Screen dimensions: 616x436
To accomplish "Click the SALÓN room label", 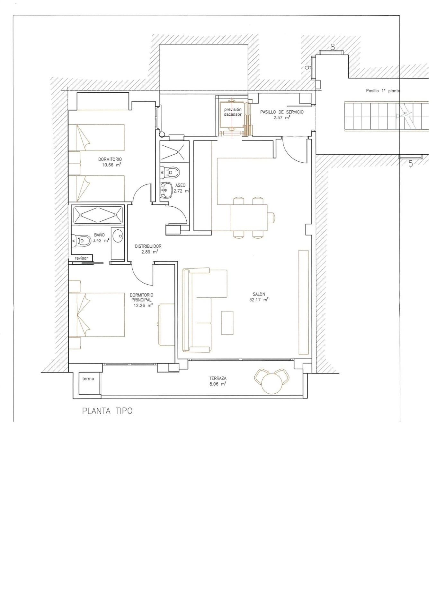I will pyautogui.click(x=259, y=294).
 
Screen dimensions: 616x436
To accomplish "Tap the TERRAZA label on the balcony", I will pyautogui.click(x=218, y=378).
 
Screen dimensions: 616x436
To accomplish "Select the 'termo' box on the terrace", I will pyautogui.click(x=88, y=379).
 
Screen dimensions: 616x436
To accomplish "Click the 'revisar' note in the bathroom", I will pyautogui.click(x=81, y=258).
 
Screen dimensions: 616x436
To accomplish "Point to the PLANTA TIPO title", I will pyautogui.click(x=107, y=411).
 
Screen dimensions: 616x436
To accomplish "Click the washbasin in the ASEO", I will pyautogui.click(x=166, y=190).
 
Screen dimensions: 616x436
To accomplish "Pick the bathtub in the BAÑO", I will pyautogui.click(x=98, y=215).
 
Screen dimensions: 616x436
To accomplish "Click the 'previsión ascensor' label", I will pyautogui.click(x=233, y=112).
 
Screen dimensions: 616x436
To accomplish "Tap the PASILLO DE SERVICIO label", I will pyautogui.click(x=281, y=112).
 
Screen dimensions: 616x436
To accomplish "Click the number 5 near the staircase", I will pyautogui.click(x=410, y=164).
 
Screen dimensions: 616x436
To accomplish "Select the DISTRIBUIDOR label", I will pyautogui.click(x=148, y=246).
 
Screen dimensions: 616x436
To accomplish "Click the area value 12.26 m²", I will pyautogui.click(x=143, y=305).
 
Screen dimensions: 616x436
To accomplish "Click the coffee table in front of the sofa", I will pyautogui.click(x=227, y=322).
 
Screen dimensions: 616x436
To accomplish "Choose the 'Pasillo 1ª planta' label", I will pyautogui.click(x=383, y=91).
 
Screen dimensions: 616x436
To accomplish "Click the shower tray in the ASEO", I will pyautogui.click(x=172, y=151).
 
